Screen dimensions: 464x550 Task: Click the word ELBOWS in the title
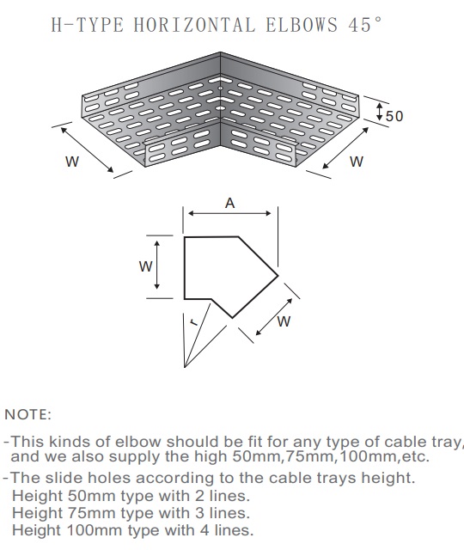point(302,25)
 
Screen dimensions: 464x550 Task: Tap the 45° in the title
point(364,24)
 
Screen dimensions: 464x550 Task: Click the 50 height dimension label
point(394,116)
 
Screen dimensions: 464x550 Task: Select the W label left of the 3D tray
point(72,162)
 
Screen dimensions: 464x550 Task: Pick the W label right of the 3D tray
point(357,162)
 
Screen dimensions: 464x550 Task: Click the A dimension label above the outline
point(229,203)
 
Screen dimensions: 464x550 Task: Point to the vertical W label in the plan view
point(145,266)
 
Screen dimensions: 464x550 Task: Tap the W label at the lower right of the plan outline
point(284,321)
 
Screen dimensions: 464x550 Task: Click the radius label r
point(193,321)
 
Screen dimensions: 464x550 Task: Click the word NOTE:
point(27,414)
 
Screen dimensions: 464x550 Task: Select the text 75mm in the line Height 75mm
point(92,513)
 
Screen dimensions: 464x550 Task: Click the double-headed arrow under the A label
point(229,213)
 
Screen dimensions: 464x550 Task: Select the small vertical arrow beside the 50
point(379,111)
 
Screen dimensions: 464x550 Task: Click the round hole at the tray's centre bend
point(220,107)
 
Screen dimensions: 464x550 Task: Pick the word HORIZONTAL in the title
point(194,25)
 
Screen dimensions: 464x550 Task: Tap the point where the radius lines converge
point(185,367)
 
